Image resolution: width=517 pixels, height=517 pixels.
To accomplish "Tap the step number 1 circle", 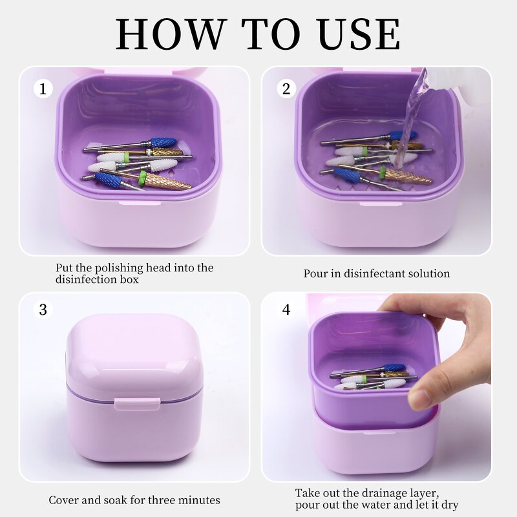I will [x=43, y=89].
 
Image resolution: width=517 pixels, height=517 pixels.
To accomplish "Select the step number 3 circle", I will [x=43, y=310].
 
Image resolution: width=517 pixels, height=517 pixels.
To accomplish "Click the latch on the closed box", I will [x=137, y=403].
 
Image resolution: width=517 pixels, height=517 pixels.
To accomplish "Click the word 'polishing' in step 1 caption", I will [x=117, y=268].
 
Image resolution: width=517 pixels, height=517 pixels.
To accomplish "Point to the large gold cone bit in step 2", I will [x=407, y=176].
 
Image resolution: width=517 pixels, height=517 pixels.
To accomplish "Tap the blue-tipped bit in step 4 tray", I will [x=393, y=368].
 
